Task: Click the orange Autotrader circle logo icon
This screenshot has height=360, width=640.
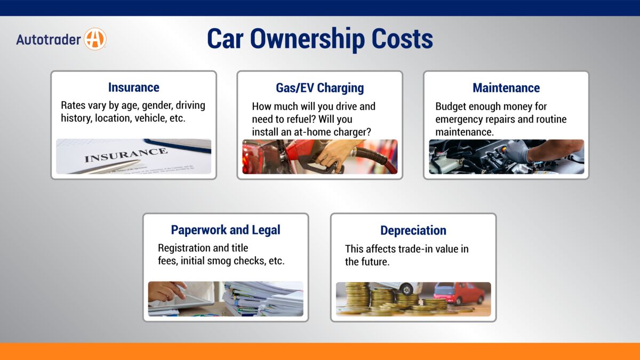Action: (x=95, y=39)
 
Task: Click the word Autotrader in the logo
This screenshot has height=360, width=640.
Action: (x=49, y=39)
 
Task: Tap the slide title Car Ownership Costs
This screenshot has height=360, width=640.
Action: (x=319, y=39)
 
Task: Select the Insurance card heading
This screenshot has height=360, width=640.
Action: (x=133, y=87)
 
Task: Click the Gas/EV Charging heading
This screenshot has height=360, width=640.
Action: (x=319, y=87)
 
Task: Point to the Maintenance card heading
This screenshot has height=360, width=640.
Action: (x=506, y=87)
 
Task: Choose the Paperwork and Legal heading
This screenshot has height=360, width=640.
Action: (x=226, y=230)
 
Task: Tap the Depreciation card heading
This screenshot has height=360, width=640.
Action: (x=413, y=230)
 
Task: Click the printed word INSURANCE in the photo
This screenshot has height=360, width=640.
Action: (x=126, y=155)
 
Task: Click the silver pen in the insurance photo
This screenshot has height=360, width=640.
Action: (x=107, y=166)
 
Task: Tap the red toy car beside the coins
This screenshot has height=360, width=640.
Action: (x=459, y=293)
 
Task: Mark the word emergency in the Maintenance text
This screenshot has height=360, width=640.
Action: (x=459, y=119)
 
